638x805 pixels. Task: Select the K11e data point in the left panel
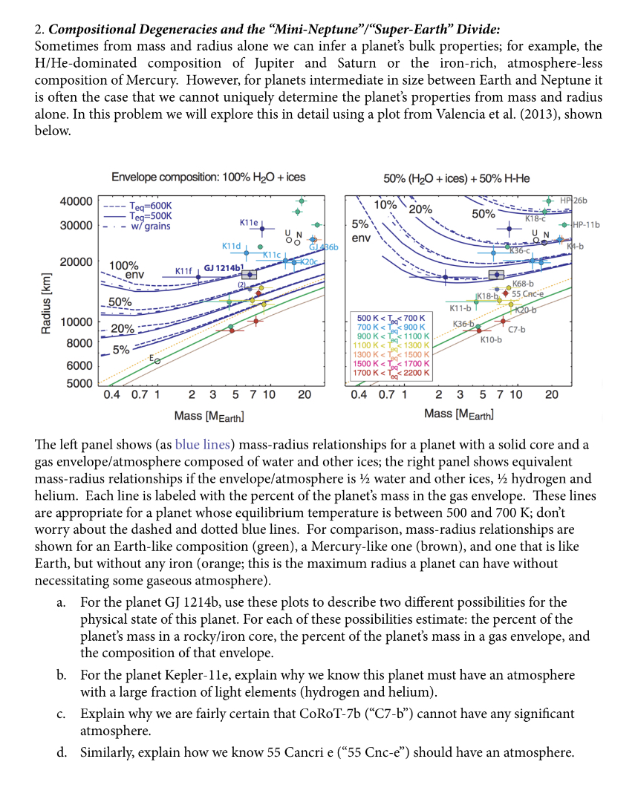(261, 228)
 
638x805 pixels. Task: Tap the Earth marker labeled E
(157, 360)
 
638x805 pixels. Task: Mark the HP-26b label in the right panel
(573, 201)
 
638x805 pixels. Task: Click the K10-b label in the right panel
(491, 339)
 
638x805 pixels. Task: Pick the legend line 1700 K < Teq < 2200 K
(390, 373)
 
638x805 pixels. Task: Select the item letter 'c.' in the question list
(62, 714)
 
